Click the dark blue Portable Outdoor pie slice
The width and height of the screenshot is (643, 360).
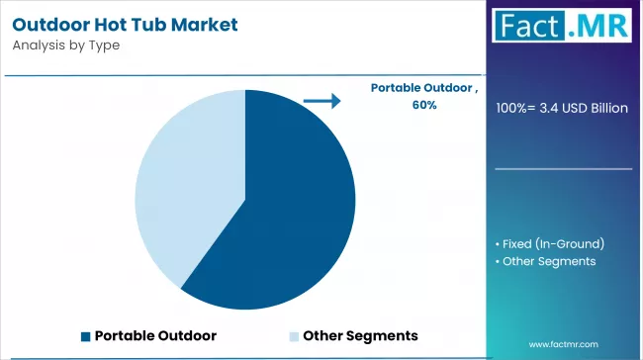coord(287,208)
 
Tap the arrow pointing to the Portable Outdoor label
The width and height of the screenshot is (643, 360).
coord(321,100)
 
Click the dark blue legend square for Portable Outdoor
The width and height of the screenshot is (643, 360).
coord(85,335)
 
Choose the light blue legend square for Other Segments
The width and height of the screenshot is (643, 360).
coord(294,335)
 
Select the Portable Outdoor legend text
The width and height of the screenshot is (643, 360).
coord(155,335)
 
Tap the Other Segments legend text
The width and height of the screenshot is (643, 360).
coord(360,335)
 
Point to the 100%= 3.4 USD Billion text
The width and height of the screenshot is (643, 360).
coord(562,108)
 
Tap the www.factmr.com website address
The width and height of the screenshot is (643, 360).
coord(565,344)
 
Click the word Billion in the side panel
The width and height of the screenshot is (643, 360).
coord(605,108)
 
